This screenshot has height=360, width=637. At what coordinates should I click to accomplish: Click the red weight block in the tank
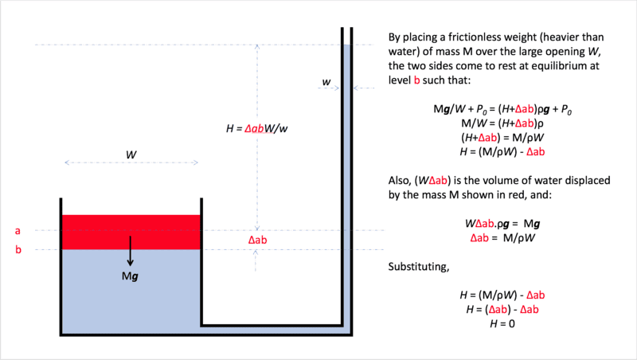point(131,232)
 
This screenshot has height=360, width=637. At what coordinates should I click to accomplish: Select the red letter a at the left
point(18,231)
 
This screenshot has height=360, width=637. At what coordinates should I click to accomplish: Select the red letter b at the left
point(18,249)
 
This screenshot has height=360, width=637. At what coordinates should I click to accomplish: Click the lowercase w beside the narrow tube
point(326,82)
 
